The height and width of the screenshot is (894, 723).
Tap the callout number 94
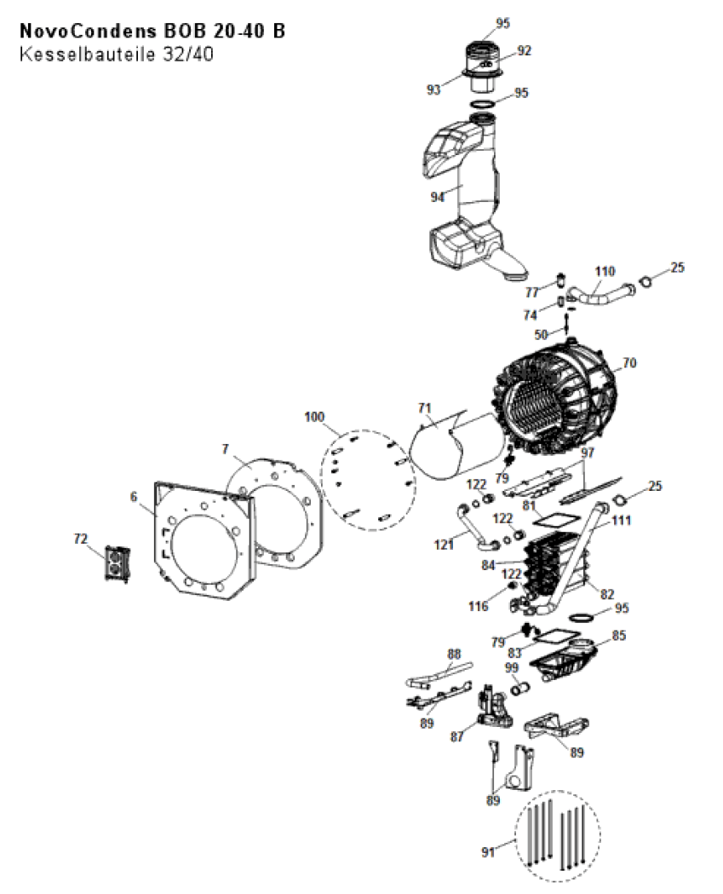pyautogui.click(x=437, y=197)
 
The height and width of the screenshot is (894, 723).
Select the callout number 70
pyautogui.click(x=629, y=362)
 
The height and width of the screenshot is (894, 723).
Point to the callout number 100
pyautogui.click(x=314, y=417)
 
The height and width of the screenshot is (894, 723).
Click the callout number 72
pyautogui.click(x=81, y=539)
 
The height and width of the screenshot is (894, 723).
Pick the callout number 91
pyautogui.click(x=488, y=851)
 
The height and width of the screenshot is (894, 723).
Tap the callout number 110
pyautogui.click(x=605, y=271)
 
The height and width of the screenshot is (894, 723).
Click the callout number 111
pyautogui.click(x=621, y=520)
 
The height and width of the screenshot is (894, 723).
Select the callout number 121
pyautogui.click(x=444, y=545)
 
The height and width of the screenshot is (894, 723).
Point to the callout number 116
pyautogui.click(x=478, y=606)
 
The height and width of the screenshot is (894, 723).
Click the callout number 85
pyautogui.click(x=619, y=635)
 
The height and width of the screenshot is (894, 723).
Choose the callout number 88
pyautogui.click(x=454, y=654)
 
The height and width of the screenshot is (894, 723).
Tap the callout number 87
pyautogui.click(x=457, y=736)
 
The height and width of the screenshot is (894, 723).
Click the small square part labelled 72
pyautogui.click(x=118, y=563)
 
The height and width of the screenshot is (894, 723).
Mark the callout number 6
pyautogui.click(x=134, y=497)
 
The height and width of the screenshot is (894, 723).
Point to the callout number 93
pyautogui.click(x=433, y=89)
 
